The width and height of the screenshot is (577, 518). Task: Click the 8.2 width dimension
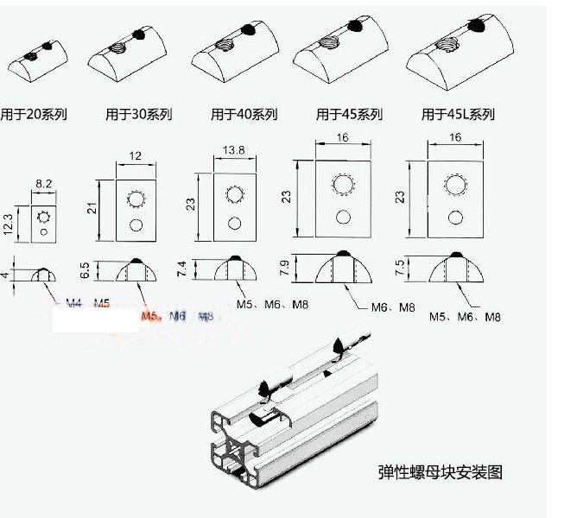[x=44, y=183]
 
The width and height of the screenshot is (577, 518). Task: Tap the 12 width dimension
[x=134, y=155]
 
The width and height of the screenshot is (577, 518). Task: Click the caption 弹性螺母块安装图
[x=440, y=471]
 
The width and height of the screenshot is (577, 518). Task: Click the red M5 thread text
[x=150, y=317]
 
